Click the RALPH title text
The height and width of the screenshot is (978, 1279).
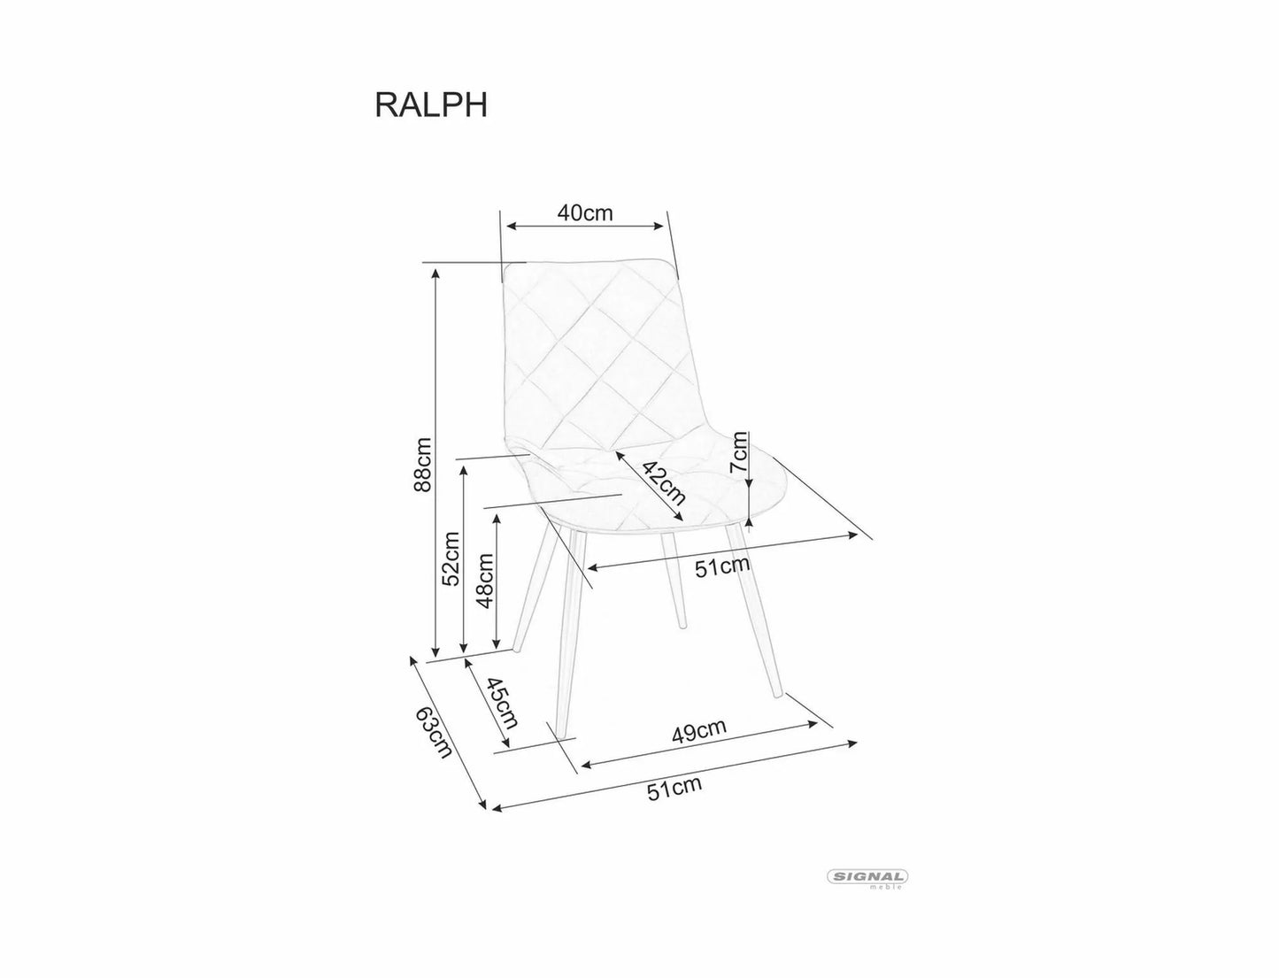click(x=431, y=104)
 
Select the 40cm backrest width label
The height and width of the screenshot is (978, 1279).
click(x=584, y=213)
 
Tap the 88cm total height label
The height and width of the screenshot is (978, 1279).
click(x=424, y=465)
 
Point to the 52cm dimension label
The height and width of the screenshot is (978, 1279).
click(x=451, y=558)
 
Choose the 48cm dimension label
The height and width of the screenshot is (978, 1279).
click(x=484, y=581)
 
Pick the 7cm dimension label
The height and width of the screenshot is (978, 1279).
click(x=740, y=452)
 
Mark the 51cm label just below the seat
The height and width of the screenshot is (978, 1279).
click(x=722, y=566)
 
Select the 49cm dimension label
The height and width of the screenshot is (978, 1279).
click(x=698, y=729)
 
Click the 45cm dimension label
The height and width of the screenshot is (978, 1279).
click(x=500, y=702)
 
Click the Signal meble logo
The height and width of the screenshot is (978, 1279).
click(x=867, y=878)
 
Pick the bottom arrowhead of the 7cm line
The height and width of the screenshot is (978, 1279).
click(x=749, y=522)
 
